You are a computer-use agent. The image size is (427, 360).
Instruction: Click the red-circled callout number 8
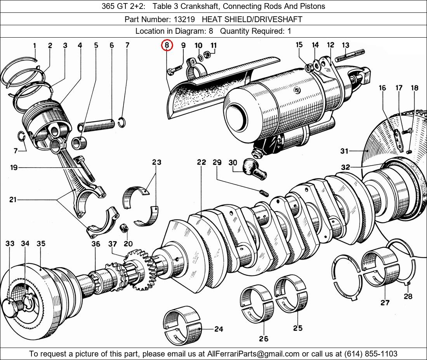(167, 46)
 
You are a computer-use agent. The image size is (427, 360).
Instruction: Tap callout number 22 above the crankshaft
(201, 162)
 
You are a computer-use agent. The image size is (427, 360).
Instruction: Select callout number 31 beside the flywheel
(344, 151)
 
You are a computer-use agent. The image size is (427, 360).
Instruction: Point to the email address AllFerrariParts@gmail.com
(253, 353)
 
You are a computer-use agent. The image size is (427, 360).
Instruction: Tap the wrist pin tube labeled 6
(97, 125)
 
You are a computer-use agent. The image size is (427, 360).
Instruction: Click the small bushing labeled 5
(82, 142)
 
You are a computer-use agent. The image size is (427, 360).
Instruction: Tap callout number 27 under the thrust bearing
(385, 302)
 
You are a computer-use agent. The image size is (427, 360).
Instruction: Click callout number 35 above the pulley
(41, 243)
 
